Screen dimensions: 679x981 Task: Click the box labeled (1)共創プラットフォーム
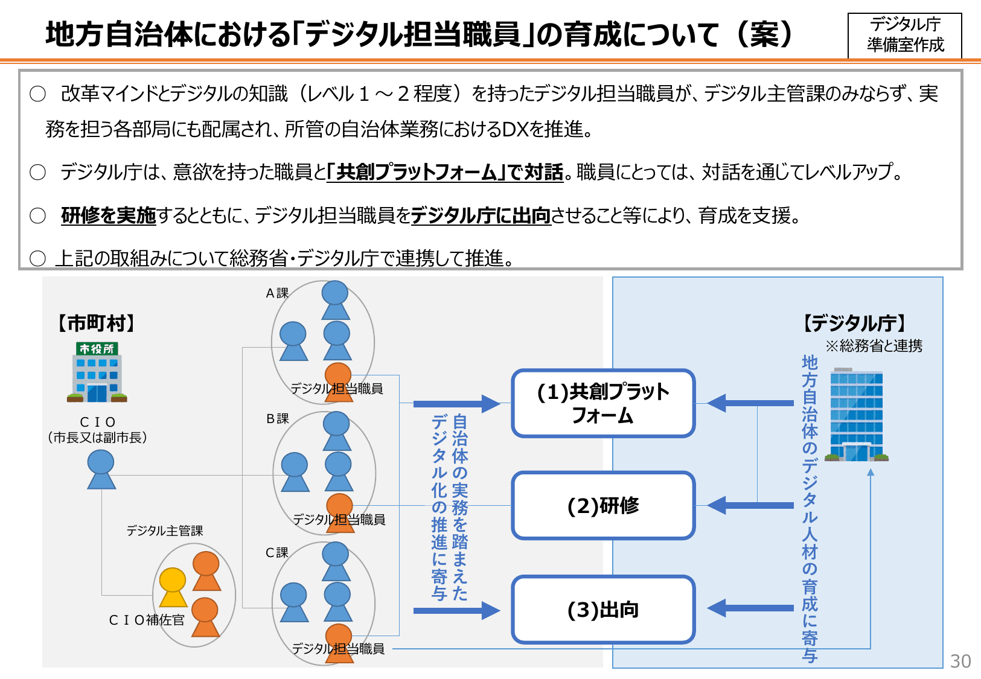tap(603, 403)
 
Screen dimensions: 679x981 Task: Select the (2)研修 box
tap(603, 506)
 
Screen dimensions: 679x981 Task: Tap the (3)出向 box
tap(603, 610)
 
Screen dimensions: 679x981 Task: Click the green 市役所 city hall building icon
tap(97, 372)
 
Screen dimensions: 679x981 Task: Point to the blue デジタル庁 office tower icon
tap(856, 415)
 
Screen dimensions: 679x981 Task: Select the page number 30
tap(960, 661)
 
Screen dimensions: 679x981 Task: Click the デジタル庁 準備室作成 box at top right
tap(904, 35)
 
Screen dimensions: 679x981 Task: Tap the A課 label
tap(277, 293)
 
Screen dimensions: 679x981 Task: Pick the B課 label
tap(277, 419)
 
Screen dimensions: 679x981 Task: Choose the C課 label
tap(277, 553)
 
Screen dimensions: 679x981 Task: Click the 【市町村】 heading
tap(97, 324)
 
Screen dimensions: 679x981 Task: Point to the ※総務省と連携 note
tap(874, 346)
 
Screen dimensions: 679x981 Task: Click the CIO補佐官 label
tap(147, 620)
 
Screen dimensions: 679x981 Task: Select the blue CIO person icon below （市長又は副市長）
tap(101, 470)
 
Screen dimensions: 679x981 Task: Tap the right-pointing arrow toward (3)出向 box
tap(456, 611)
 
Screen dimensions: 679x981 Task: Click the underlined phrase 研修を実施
tap(109, 215)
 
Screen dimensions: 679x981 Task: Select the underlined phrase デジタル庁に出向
tap(481, 215)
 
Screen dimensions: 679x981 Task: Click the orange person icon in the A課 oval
tap(338, 380)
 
